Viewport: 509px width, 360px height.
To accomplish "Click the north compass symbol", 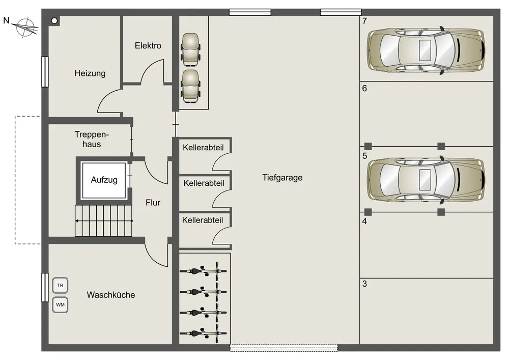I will (23, 26).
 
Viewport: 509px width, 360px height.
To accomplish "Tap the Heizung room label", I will (90, 73).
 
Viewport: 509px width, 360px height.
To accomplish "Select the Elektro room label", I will (148, 46).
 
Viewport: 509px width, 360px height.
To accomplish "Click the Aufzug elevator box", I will (104, 180).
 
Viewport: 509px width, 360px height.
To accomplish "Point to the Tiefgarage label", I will (282, 178).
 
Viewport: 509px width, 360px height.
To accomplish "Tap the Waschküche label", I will (111, 295).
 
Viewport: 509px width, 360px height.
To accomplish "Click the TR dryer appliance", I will (60, 286).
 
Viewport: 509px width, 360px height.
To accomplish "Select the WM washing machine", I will (60, 305).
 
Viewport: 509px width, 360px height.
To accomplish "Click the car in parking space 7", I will (426, 50).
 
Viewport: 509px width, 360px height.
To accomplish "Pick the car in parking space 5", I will (426, 179).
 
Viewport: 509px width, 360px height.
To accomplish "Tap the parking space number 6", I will (364, 88).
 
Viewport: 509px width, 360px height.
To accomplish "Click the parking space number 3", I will (364, 284).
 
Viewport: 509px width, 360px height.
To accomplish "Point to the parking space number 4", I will (364, 221).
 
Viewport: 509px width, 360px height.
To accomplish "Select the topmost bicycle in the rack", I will (203, 270).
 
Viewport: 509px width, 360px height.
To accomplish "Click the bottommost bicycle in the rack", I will (203, 333).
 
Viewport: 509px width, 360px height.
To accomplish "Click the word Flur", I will (153, 203).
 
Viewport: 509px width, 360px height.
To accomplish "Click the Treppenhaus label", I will (92, 140).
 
